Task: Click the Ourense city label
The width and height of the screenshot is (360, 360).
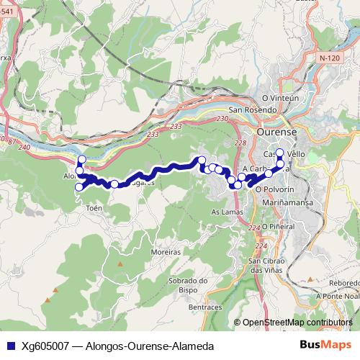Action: coord(276,132)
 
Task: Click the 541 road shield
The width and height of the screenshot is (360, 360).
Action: coord(6,23)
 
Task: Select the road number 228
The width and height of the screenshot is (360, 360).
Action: coord(240,143)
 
